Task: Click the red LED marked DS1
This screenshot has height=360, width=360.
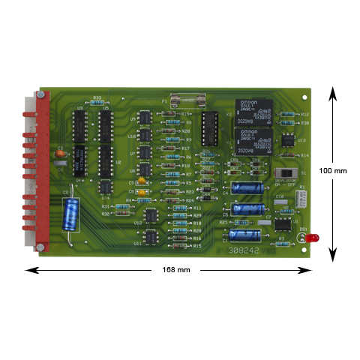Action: coord(315,238)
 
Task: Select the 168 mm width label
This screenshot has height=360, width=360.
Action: coord(171,268)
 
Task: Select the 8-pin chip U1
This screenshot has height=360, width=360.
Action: coord(283,223)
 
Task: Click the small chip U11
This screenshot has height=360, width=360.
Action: coord(151,238)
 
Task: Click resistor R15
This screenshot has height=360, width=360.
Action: coord(179,246)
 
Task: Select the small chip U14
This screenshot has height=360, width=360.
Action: coord(106,187)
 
